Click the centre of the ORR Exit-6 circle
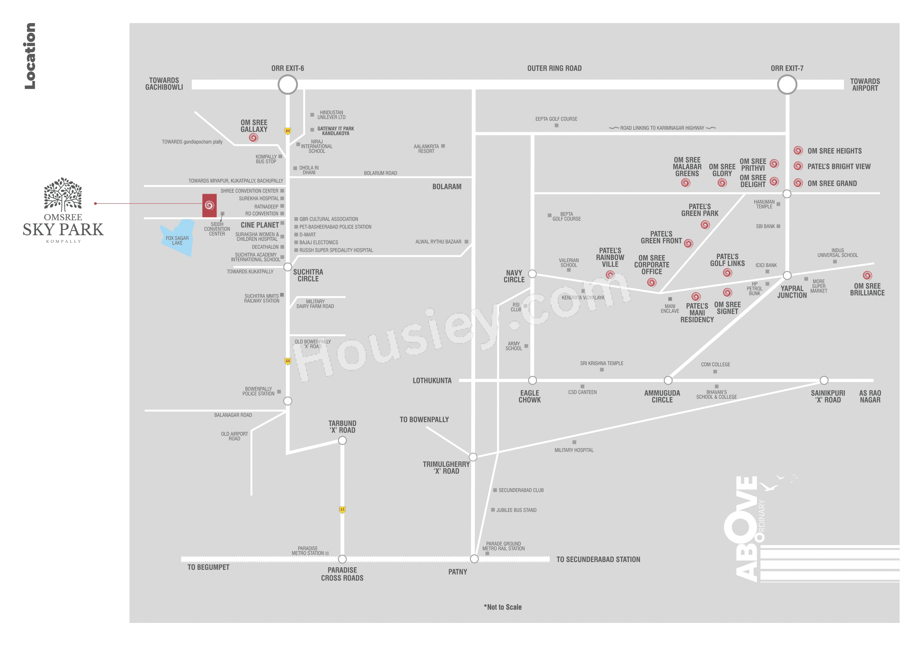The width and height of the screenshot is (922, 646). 288,85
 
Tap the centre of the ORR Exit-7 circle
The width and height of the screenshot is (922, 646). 787,85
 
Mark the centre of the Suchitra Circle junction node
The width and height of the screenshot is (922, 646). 288,267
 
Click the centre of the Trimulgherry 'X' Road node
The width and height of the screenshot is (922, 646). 473,457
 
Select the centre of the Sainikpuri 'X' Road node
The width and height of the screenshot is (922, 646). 824,380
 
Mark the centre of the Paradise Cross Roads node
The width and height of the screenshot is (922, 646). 342,559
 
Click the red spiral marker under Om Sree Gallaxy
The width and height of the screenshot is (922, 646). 253,138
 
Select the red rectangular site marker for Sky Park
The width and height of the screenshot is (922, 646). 209,206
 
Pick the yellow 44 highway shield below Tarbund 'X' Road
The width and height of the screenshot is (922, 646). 342,510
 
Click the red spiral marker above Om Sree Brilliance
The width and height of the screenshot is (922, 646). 867,275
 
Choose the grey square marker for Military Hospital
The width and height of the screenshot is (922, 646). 574,442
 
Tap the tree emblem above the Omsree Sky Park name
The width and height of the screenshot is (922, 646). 63,194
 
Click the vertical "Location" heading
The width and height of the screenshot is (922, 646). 30,56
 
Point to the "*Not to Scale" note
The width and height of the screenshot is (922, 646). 503,607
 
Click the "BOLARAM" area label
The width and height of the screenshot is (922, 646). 447,186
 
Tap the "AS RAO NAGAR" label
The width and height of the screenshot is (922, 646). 870,396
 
